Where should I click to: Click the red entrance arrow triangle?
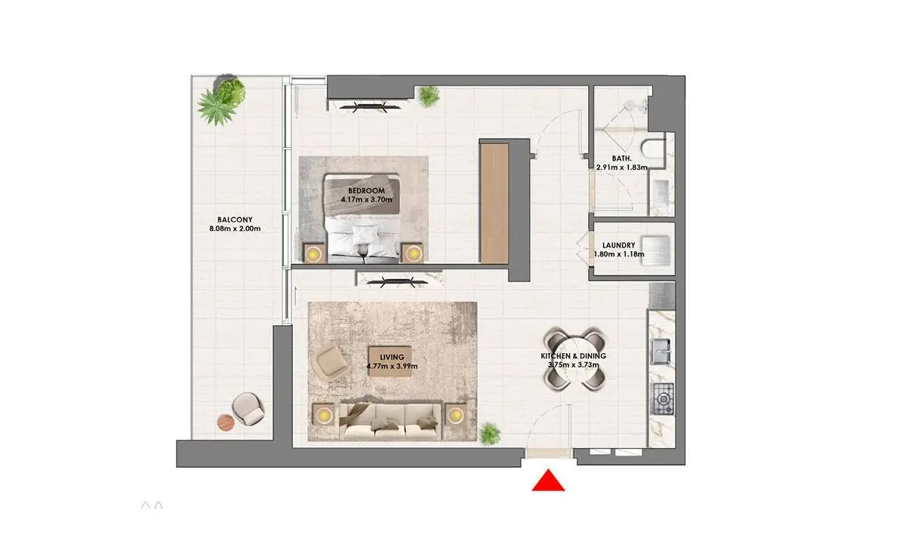tap(548, 481)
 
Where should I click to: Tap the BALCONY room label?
tap(235, 220)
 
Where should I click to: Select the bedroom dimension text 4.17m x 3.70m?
tap(366, 199)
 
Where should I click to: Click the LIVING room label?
tap(392, 357)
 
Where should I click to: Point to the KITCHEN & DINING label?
tap(574, 356)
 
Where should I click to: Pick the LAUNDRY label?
tap(619, 245)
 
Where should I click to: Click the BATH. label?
tap(621, 158)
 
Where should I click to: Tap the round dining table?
tap(575, 360)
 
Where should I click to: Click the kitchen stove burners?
tap(664, 399)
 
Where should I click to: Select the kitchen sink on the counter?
tap(661, 352)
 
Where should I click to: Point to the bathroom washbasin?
tap(661, 194)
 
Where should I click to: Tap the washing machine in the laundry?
tap(655, 250)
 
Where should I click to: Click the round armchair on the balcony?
tap(248, 409)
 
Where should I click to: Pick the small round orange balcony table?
tap(226, 422)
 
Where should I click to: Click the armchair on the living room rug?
tap(331, 362)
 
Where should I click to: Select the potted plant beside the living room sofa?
tap(489, 434)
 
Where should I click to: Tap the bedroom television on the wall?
tap(369, 106)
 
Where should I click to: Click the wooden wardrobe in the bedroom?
tap(495, 204)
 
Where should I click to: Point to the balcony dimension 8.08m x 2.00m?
tap(235, 229)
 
